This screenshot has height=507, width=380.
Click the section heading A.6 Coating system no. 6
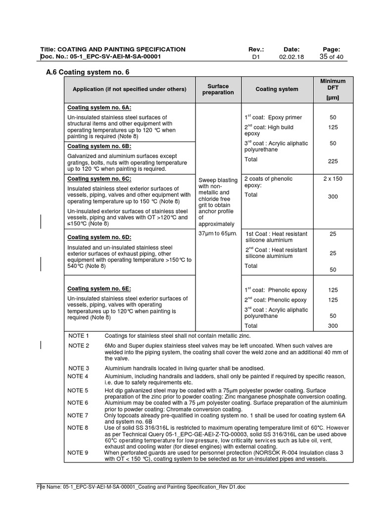point(87,72)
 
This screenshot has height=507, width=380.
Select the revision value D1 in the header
point(255,57)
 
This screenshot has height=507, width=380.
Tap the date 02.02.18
point(291,57)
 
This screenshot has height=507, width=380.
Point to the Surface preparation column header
point(218,89)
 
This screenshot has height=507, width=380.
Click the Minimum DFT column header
point(332,89)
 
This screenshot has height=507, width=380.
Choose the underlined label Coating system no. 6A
point(99,107)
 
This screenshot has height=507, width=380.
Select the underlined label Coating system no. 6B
point(99,147)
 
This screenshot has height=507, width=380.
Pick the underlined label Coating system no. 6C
point(99,179)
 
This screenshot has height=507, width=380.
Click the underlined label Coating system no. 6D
point(99,237)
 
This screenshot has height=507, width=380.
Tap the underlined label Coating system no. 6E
point(99,289)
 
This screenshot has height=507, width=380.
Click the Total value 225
point(332,161)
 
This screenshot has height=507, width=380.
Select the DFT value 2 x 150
point(332,179)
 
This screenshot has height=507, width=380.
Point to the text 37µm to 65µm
point(218,233)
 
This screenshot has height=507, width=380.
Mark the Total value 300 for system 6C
point(332,197)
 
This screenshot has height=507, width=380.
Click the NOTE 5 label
point(79,391)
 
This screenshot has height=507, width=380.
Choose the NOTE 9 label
point(79,453)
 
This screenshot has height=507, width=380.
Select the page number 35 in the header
point(324,57)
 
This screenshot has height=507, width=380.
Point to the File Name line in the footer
point(142,487)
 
